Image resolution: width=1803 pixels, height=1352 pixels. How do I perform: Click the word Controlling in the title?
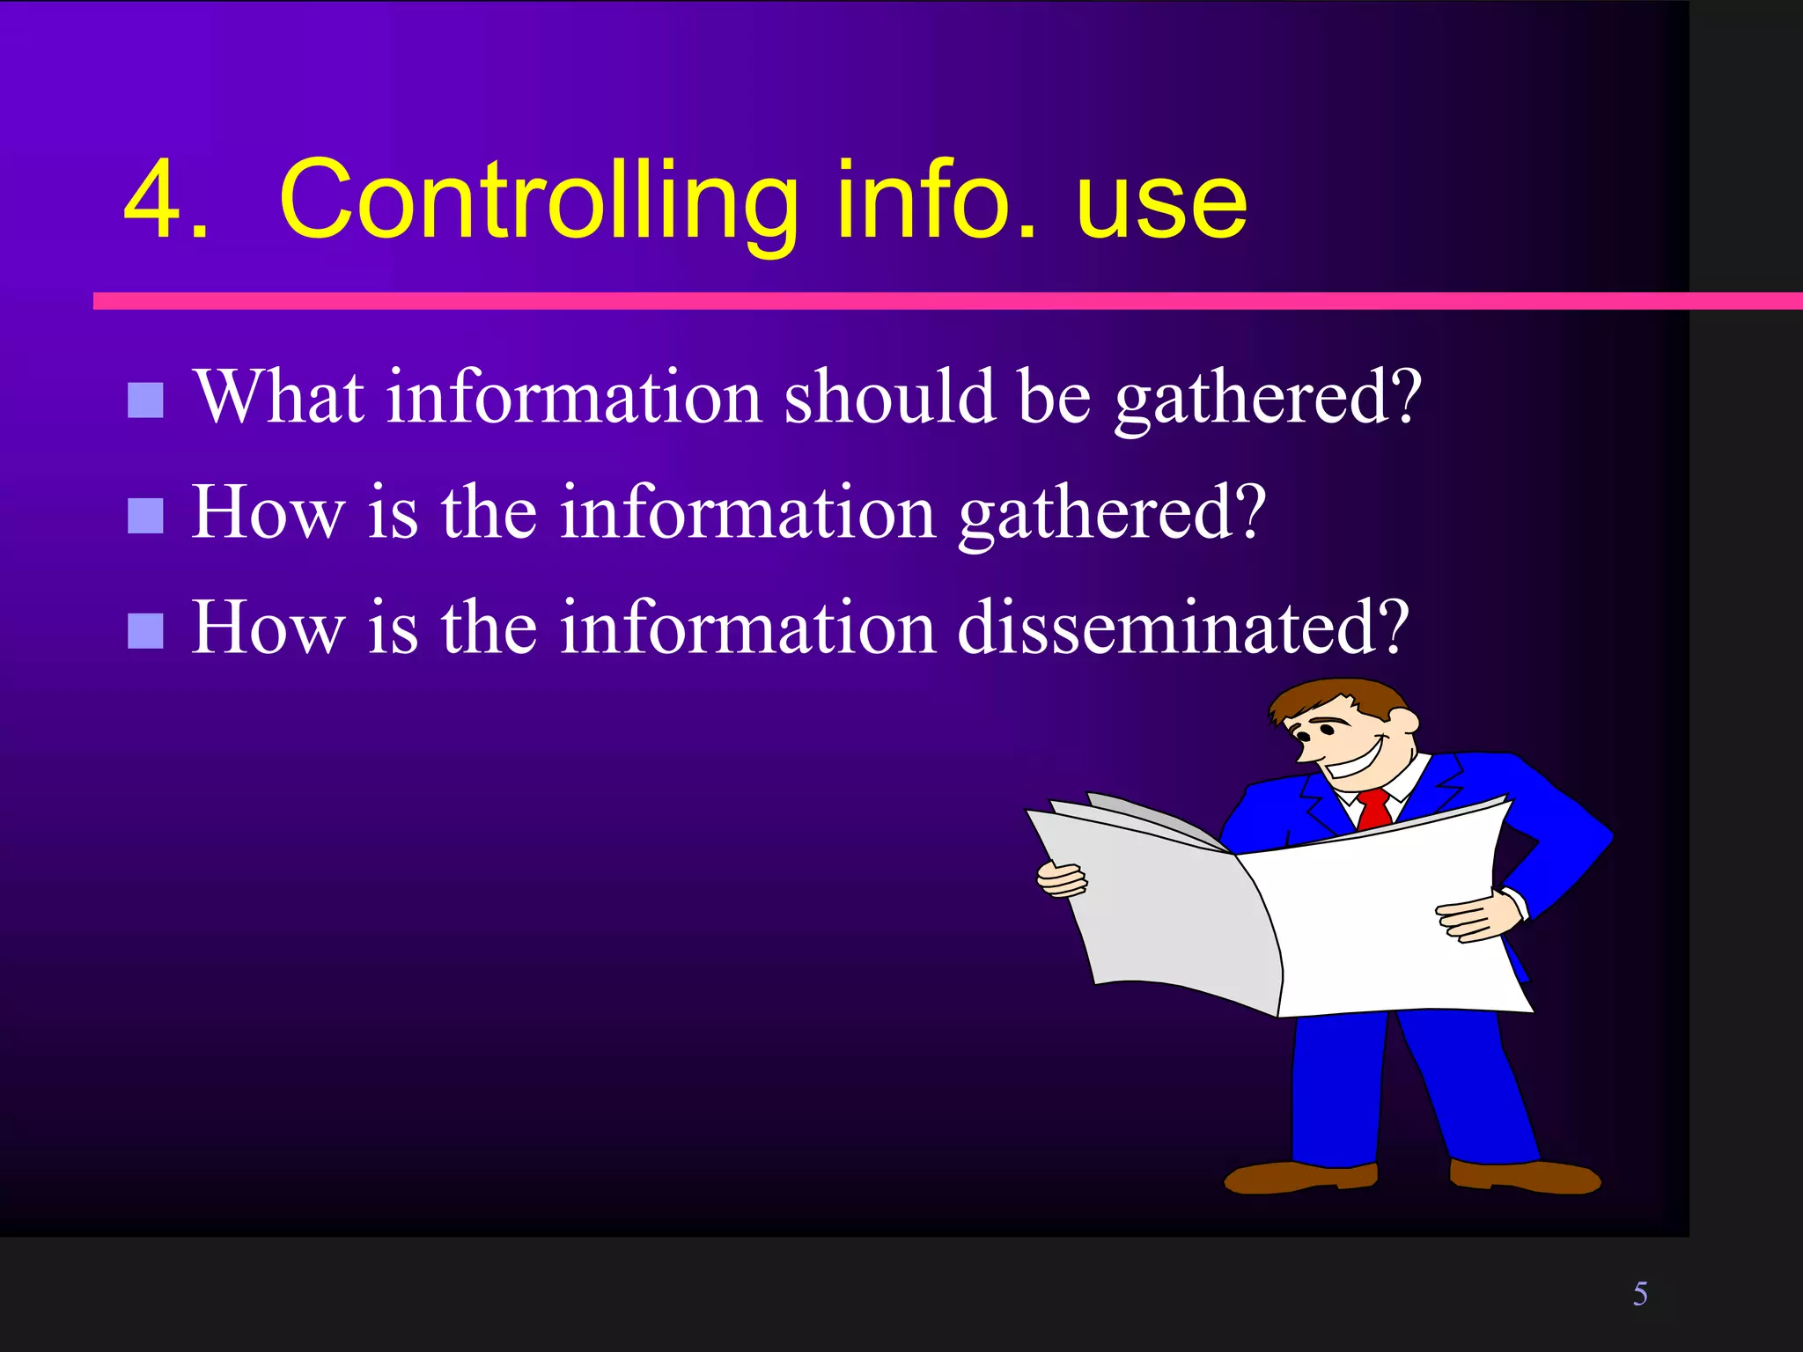(538, 201)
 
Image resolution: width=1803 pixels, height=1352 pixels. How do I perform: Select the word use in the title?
(1160, 207)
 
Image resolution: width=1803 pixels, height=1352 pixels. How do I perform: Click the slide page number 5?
(1640, 1293)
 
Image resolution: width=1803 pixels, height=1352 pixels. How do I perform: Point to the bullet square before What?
(145, 400)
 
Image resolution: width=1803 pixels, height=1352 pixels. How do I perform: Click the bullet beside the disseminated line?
(145, 630)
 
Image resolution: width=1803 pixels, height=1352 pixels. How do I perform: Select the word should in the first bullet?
(889, 397)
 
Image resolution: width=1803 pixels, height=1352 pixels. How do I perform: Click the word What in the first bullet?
(279, 397)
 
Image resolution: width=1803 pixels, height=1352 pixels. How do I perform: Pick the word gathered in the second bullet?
(1112, 514)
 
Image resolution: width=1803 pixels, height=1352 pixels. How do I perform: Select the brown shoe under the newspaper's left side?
(1300, 1176)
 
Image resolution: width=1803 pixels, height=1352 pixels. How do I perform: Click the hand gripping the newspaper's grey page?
(1061, 879)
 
